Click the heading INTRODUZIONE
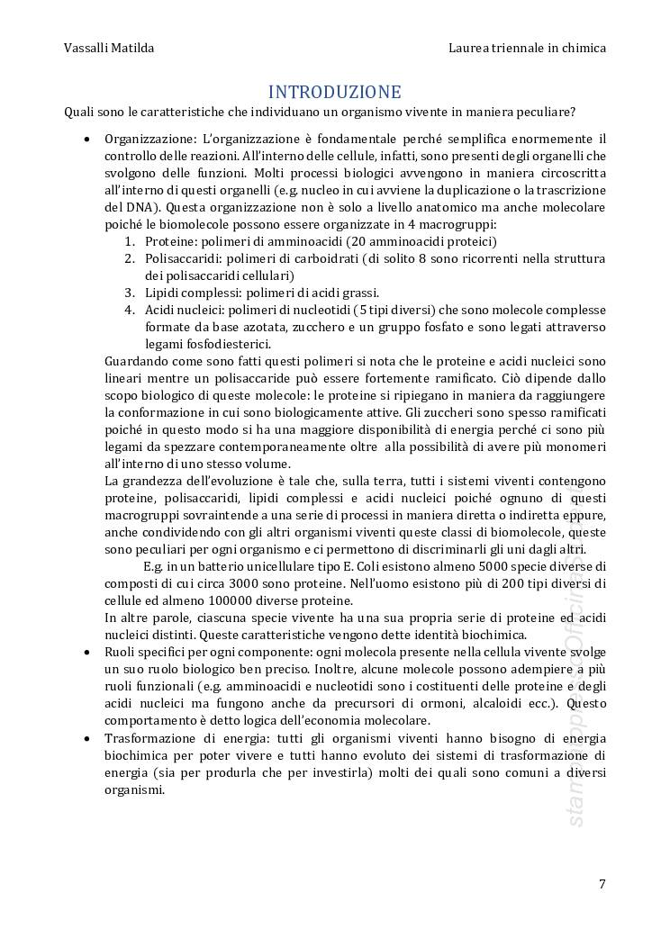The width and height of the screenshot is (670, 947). coord(334,92)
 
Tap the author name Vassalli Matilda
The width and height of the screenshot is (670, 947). coord(109,48)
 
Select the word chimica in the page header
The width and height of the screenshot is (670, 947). coord(583,48)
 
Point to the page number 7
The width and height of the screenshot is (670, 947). coord(602,883)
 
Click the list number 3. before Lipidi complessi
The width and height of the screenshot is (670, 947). coord(130,293)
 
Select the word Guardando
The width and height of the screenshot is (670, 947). coord(138,361)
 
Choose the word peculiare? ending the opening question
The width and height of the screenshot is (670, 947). coord(547,112)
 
